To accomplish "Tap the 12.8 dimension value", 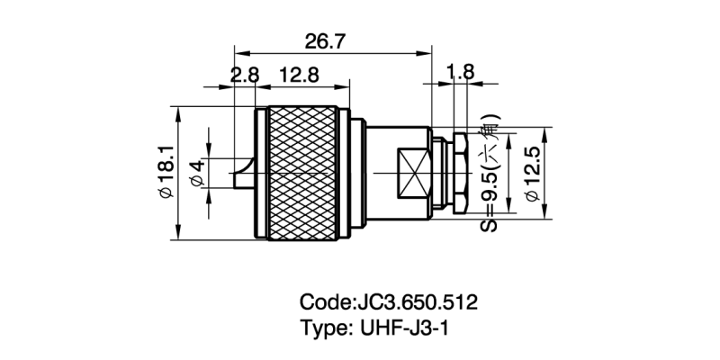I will [x=299, y=76].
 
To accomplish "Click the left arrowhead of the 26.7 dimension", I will [x=237, y=51].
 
